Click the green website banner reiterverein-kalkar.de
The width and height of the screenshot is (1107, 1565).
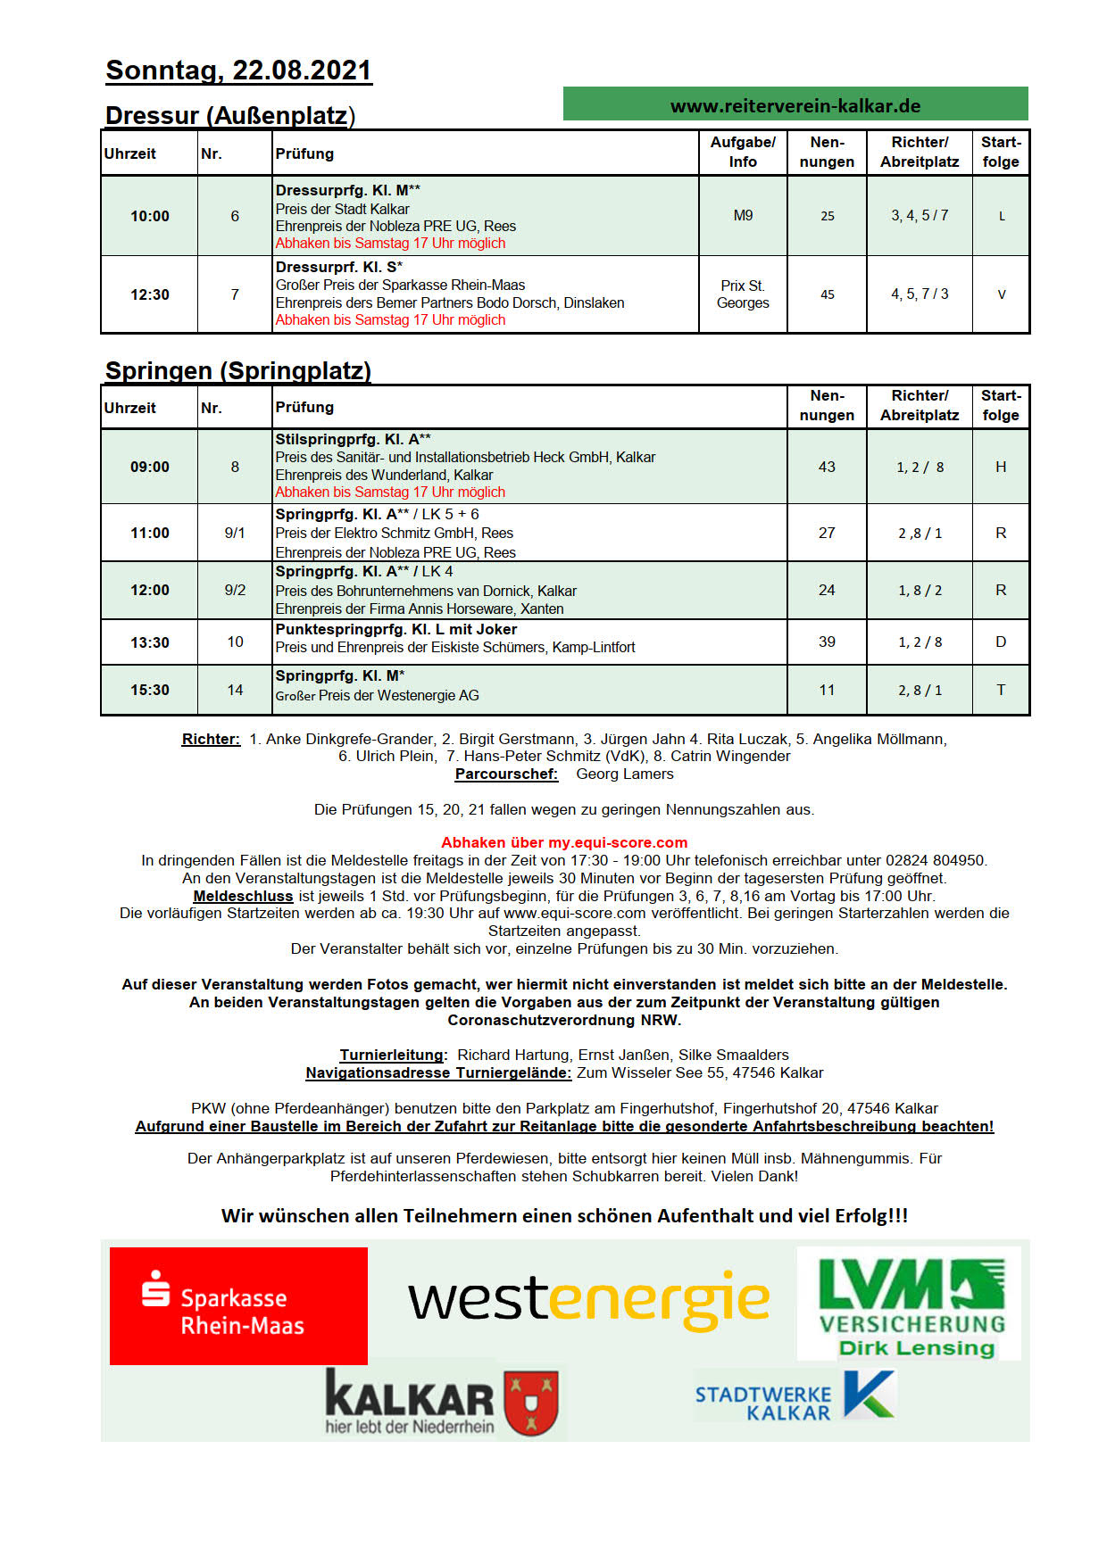pyautogui.click(x=795, y=104)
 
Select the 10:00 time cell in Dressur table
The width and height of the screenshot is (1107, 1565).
pyautogui.click(x=149, y=216)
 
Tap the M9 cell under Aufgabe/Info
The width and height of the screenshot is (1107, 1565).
pyautogui.click(x=743, y=215)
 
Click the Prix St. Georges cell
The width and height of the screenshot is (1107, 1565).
pyautogui.click(x=743, y=294)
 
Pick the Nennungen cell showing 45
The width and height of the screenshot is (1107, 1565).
pyautogui.click(x=827, y=294)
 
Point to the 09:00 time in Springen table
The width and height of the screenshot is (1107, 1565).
pyautogui.click(x=149, y=467)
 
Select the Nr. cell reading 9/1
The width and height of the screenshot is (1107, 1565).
pyautogui.click(x=235, y=533)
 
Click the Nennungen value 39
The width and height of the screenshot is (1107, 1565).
pyautogui.click(x=827, y=642)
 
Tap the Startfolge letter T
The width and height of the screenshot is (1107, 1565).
pyautogui.click(x=1001, y=690)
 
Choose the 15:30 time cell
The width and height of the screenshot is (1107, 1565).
pyautogui.click(x=149, y=690)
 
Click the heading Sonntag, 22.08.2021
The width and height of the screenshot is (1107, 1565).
pyautogui.click(x=238, y=70)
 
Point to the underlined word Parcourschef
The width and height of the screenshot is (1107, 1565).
pyautogui.click(x=506, y=774)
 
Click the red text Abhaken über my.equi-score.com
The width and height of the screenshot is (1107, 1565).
pyautogui.click(x=564, y=842)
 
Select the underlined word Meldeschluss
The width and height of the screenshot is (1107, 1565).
pyautogui.click(x=243, y=896)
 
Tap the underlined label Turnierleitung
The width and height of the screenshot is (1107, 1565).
pyautogui.click(x=391, y=1055)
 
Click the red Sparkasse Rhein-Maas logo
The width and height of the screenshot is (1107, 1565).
pyautogui.click(x=238, y=1305)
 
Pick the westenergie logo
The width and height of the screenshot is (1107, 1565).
pyautogui.click(x=588, y=1300)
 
